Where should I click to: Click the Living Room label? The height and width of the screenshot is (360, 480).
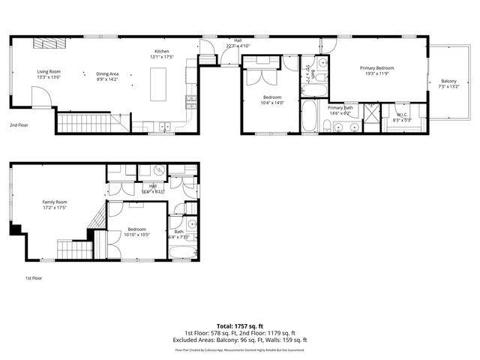coord(49,72)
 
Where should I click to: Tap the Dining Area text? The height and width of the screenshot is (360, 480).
coord(108,73)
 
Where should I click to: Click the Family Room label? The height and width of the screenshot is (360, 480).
coord(54,202)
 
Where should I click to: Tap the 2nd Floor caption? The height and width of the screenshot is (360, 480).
coord(19,125)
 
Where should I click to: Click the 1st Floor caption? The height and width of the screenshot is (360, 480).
coord(33,278)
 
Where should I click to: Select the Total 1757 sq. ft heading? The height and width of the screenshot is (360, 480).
coord(239,326)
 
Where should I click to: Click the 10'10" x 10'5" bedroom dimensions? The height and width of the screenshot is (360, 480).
coord(136,235)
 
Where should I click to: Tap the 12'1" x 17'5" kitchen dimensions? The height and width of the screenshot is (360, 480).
coord(162,57)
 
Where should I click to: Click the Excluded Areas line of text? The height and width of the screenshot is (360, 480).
coord(239,340)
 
